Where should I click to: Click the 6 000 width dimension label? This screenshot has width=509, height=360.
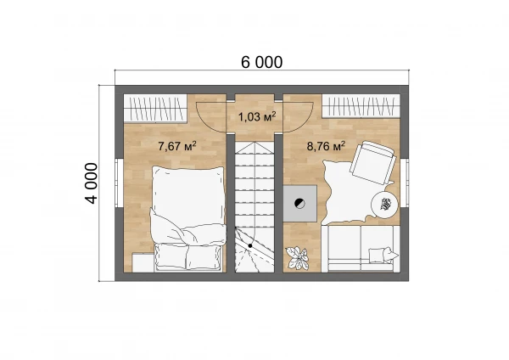[x=261, y=62]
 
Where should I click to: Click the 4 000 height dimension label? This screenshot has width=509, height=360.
[x=92, y=183]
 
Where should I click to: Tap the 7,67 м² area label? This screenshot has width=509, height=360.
[x=177, y=146]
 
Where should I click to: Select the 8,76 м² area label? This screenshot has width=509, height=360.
[x=326, y=146]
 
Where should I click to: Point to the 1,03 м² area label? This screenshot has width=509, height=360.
[x=257, y=116]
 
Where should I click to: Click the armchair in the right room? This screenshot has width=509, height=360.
[x=373, y=162]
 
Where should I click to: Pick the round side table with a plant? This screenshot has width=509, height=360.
[x=385, y=205]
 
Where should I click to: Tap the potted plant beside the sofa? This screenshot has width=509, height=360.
[x=297, y=257]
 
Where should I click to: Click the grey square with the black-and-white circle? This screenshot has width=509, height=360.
[x=300, y=204]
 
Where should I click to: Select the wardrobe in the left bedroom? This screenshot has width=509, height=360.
[x=155, y=109]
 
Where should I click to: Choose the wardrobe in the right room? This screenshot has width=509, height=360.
[x=361, y=106]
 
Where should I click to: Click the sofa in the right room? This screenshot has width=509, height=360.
[x=361, y=249]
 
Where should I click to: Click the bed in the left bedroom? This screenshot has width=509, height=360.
[x=188, y=218]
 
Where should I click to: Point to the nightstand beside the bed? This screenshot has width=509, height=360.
[x=143, y=262]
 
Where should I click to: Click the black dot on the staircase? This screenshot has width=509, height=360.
[x=250, y=246]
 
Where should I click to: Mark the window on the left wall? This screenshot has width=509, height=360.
[x=119, y=183]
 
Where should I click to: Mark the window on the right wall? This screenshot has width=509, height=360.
[x=405, y=183]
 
